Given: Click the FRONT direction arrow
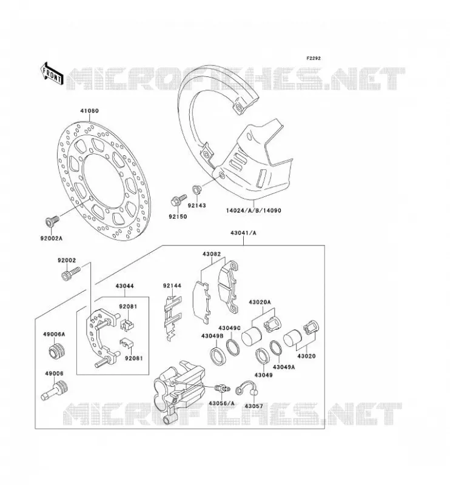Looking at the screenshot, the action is coord(52,73).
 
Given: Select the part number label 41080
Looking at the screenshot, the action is coord(89,111).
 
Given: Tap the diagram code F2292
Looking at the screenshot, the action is coord(314,58).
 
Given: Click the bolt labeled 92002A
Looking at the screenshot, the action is coord(52,221).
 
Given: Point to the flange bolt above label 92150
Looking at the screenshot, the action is coord(178,200).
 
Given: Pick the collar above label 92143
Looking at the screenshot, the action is coord(196,189).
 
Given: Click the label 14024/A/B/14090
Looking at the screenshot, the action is coord(254,210).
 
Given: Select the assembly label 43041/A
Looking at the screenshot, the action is coord(243,233).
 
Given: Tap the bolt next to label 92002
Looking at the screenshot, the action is coord(71,273).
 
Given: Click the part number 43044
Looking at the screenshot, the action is coord(125,286).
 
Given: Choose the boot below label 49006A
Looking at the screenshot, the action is coord(57,351).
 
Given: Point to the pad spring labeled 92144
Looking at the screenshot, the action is coord(172,318).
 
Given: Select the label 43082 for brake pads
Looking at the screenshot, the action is coord(212,254).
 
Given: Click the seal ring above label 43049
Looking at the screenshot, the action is coord(263,356).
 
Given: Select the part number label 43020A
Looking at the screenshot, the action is coord(260,302).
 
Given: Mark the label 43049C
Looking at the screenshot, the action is coord(229,328).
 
